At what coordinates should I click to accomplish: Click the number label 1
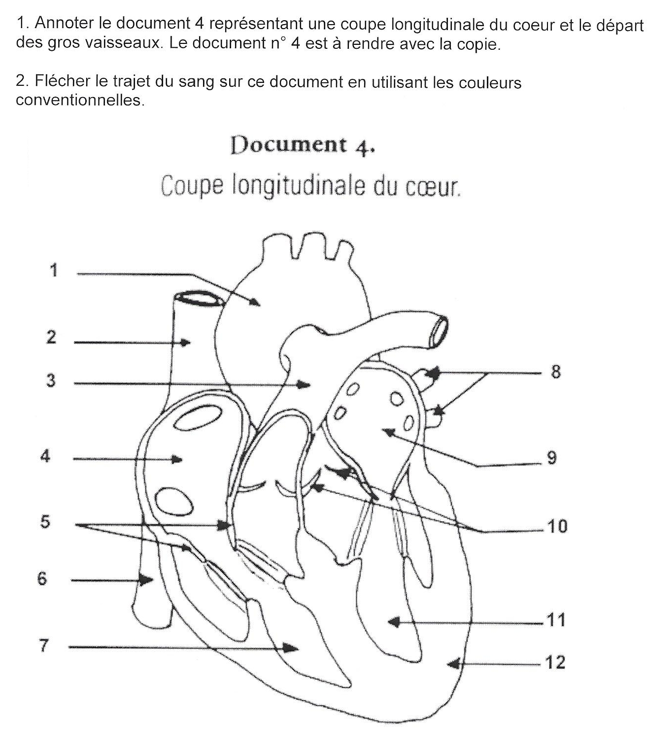(54, 270)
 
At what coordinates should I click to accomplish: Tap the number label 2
(51, 337)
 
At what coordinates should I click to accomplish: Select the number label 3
(51, 380)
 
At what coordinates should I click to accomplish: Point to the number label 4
(45, 456)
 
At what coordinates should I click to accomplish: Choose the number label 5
(45, 521)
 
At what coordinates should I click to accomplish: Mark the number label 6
(42, 579)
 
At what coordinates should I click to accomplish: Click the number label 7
(43, 646)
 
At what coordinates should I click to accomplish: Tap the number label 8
(555, 372)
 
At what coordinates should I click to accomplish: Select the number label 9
(552, 458)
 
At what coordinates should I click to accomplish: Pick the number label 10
(557, 527)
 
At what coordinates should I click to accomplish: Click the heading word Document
(289, 145)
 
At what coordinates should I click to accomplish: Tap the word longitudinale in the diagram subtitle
(299, 186)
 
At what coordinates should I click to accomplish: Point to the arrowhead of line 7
(291, 648)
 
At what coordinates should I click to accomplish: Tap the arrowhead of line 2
(185, 343)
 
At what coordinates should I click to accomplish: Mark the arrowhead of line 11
(393, 622)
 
